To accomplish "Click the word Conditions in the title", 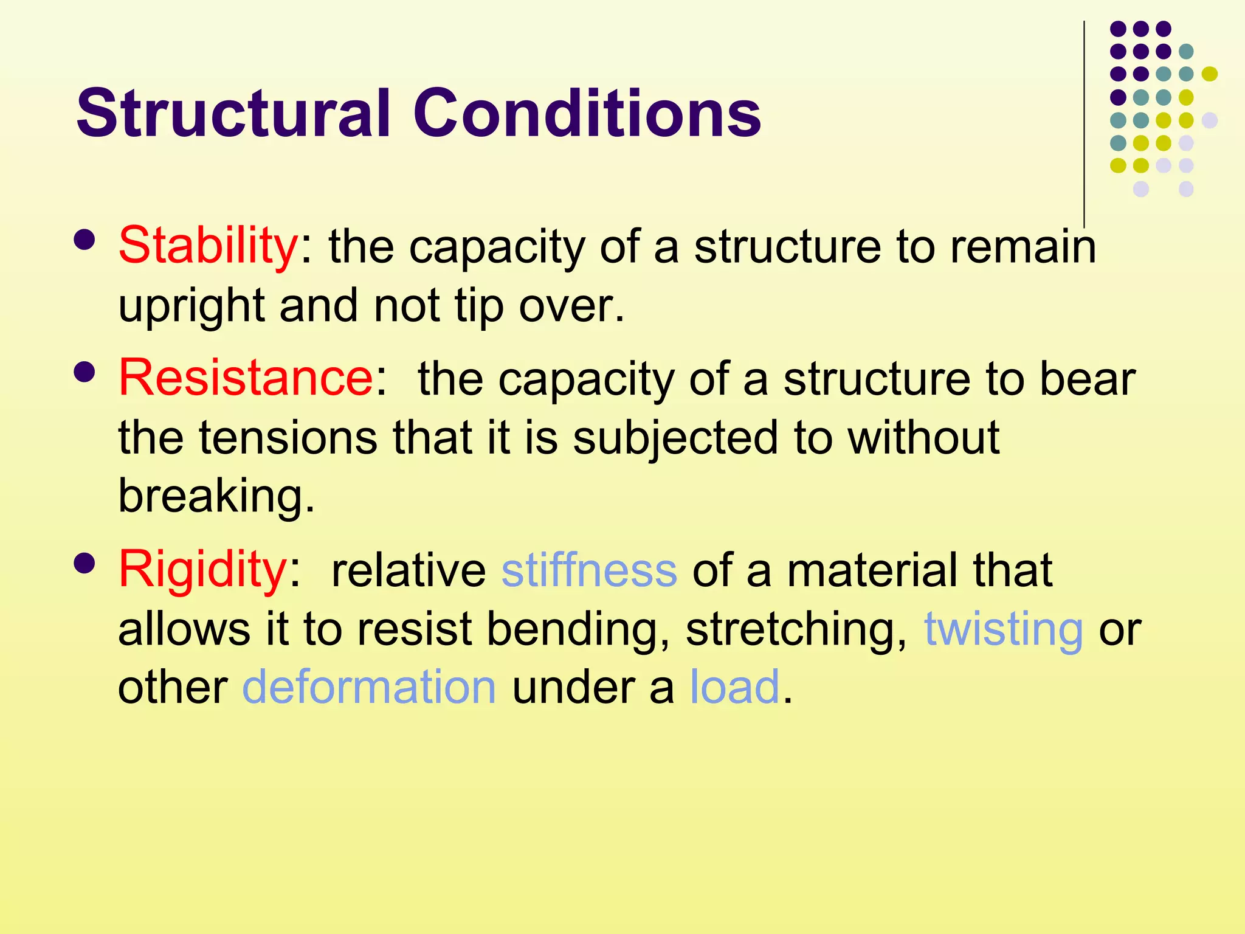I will point(587,114).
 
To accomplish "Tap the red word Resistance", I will point(246,378).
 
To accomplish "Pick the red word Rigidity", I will point(202,570).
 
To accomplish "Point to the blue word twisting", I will point(1003,629).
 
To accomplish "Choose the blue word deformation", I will point(369,688).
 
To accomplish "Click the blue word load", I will point(734,688).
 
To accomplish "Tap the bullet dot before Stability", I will point(84,240).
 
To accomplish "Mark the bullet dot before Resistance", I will point(84,372).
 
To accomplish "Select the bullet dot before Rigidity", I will point(84,563).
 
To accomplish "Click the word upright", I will point(191,306).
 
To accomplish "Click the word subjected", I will point(675,438).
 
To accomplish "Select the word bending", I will point(573,629).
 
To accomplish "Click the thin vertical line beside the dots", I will point(1084,122).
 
